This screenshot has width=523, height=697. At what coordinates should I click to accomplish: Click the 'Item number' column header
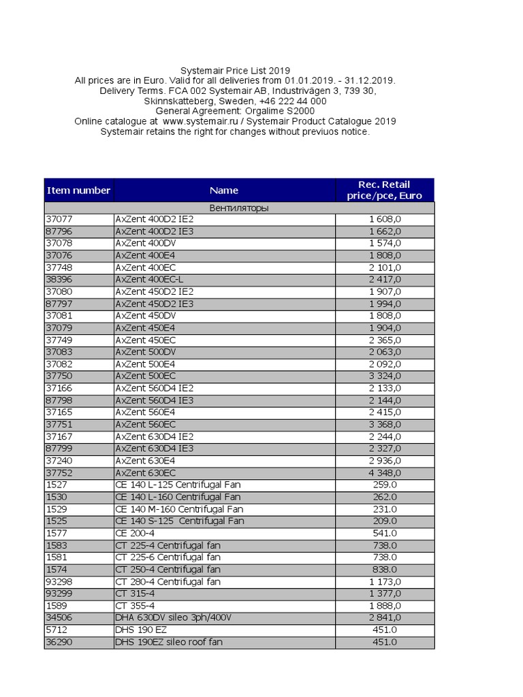[78, 191]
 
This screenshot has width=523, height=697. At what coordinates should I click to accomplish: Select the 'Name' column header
[224, 191]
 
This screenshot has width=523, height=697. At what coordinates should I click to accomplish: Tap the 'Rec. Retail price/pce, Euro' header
[385, 191]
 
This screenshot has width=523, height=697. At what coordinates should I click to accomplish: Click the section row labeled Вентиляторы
[238, 208]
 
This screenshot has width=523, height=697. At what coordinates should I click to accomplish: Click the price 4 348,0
[385, 473]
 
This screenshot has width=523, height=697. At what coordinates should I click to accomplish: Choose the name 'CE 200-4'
[136, 534]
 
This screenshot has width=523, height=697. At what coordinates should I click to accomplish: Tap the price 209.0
[385, 521]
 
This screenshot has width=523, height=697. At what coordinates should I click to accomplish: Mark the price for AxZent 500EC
[385, 376]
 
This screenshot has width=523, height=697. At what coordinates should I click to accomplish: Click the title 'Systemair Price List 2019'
[235, 71]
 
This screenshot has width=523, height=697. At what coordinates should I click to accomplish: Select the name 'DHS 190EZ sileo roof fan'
[169, 642]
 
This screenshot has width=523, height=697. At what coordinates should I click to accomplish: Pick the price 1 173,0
[385, 582]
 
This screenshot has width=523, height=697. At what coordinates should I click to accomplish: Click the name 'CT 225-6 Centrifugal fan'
[168, 557]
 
